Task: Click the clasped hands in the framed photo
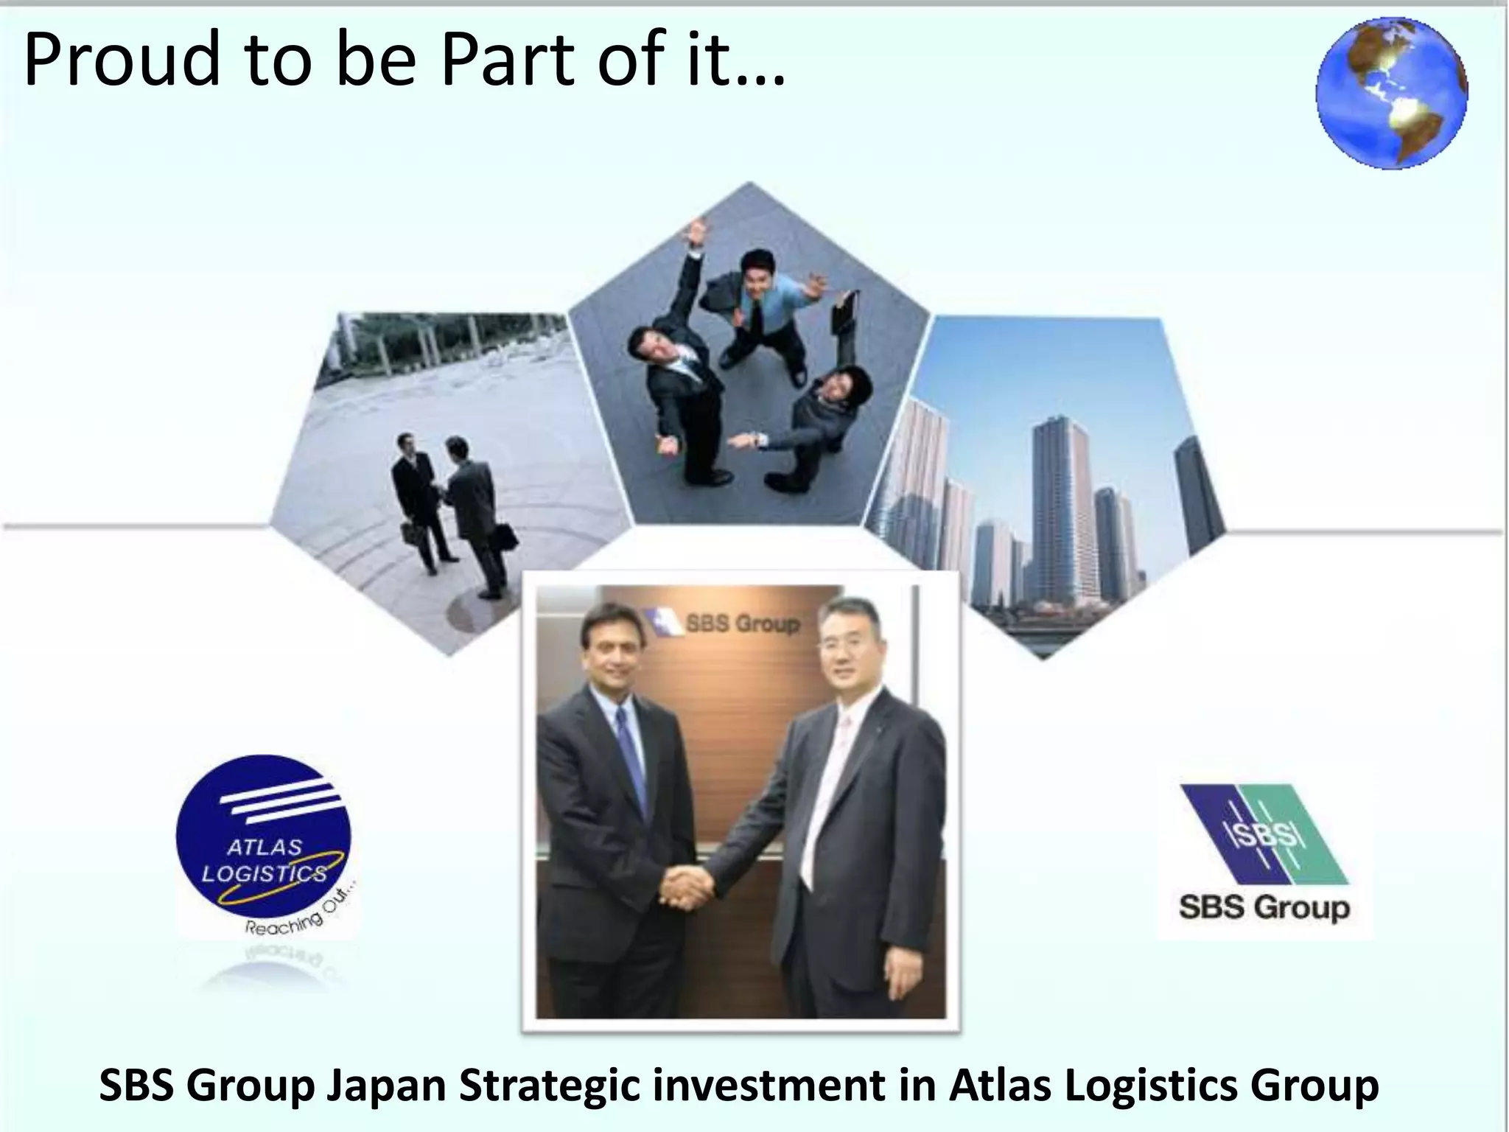click(x=685, y=884)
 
